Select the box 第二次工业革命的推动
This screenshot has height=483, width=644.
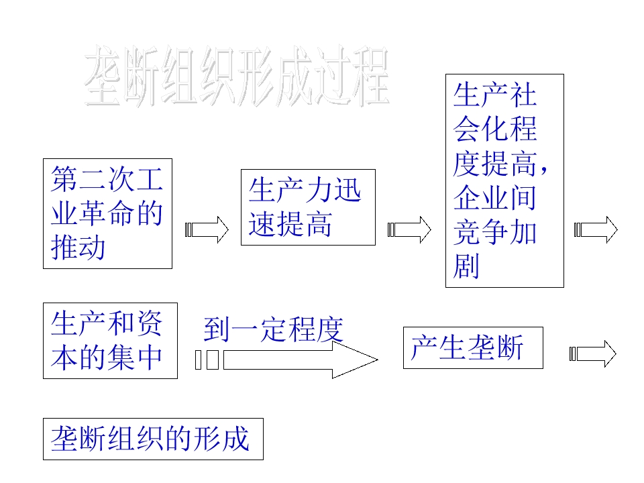[x=107, y=213]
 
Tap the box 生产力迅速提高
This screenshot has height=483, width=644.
[x=308, y=207]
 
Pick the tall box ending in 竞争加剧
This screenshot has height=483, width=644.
[x=504, y=180]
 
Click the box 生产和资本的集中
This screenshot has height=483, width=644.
[x=110, y=340]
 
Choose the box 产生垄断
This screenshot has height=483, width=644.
[x=472, y=347]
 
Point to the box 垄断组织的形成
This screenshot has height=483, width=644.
[x=153, y=439]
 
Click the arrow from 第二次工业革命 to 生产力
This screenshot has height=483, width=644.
[x=207, y=230]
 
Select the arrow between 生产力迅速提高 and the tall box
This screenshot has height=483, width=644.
[x=409, y=230]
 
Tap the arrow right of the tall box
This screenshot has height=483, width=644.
[x=596, y=230]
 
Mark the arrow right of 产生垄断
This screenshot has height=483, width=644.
[x=593, y=354]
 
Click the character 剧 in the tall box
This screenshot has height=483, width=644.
[x=467, y=266]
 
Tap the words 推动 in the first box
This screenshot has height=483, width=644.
[x=78, y=248]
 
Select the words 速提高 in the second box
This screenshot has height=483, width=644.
[x=290, y=225]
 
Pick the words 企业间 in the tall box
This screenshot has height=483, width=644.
[x=494, y=197]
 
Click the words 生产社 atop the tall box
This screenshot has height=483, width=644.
[x=494, y=95]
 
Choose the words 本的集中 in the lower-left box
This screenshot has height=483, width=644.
[x=107, y=357]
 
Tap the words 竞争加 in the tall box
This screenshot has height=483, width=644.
[x=494, y=232]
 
